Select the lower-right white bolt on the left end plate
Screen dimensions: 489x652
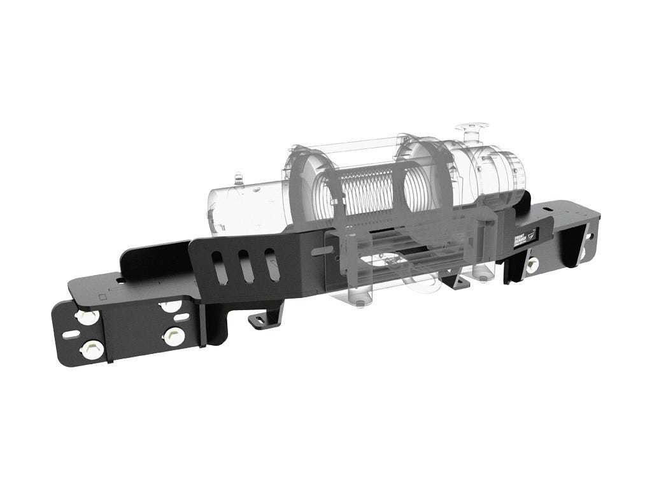[x=171, y=336]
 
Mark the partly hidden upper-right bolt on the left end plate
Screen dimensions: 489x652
[x=170, y=306]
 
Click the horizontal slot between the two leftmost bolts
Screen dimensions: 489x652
[x=72, y=334]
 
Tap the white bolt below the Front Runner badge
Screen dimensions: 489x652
[x=532, y=264]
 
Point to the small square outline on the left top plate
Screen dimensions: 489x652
[x=103, y=297]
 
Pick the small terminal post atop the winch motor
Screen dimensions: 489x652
[x=239, y=179]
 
